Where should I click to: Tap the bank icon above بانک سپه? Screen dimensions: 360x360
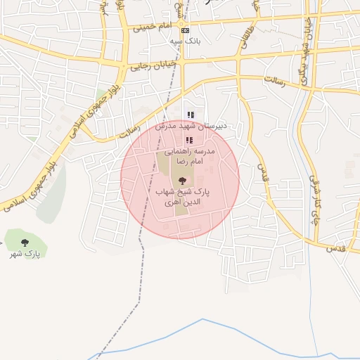[x=184, y=31]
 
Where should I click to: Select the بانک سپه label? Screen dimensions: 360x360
[x=185, y=41]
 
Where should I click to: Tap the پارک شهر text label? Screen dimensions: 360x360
[x=26, y=252]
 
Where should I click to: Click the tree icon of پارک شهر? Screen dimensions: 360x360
[x=25, y=243]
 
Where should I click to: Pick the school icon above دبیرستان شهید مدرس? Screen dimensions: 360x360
[x=189, y=115]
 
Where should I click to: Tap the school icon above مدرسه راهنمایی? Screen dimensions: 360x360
[x=188, y=141]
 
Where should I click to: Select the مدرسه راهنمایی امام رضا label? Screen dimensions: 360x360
[x=188, y=156]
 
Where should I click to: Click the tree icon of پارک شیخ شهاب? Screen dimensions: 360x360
[x=183, y=181]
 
